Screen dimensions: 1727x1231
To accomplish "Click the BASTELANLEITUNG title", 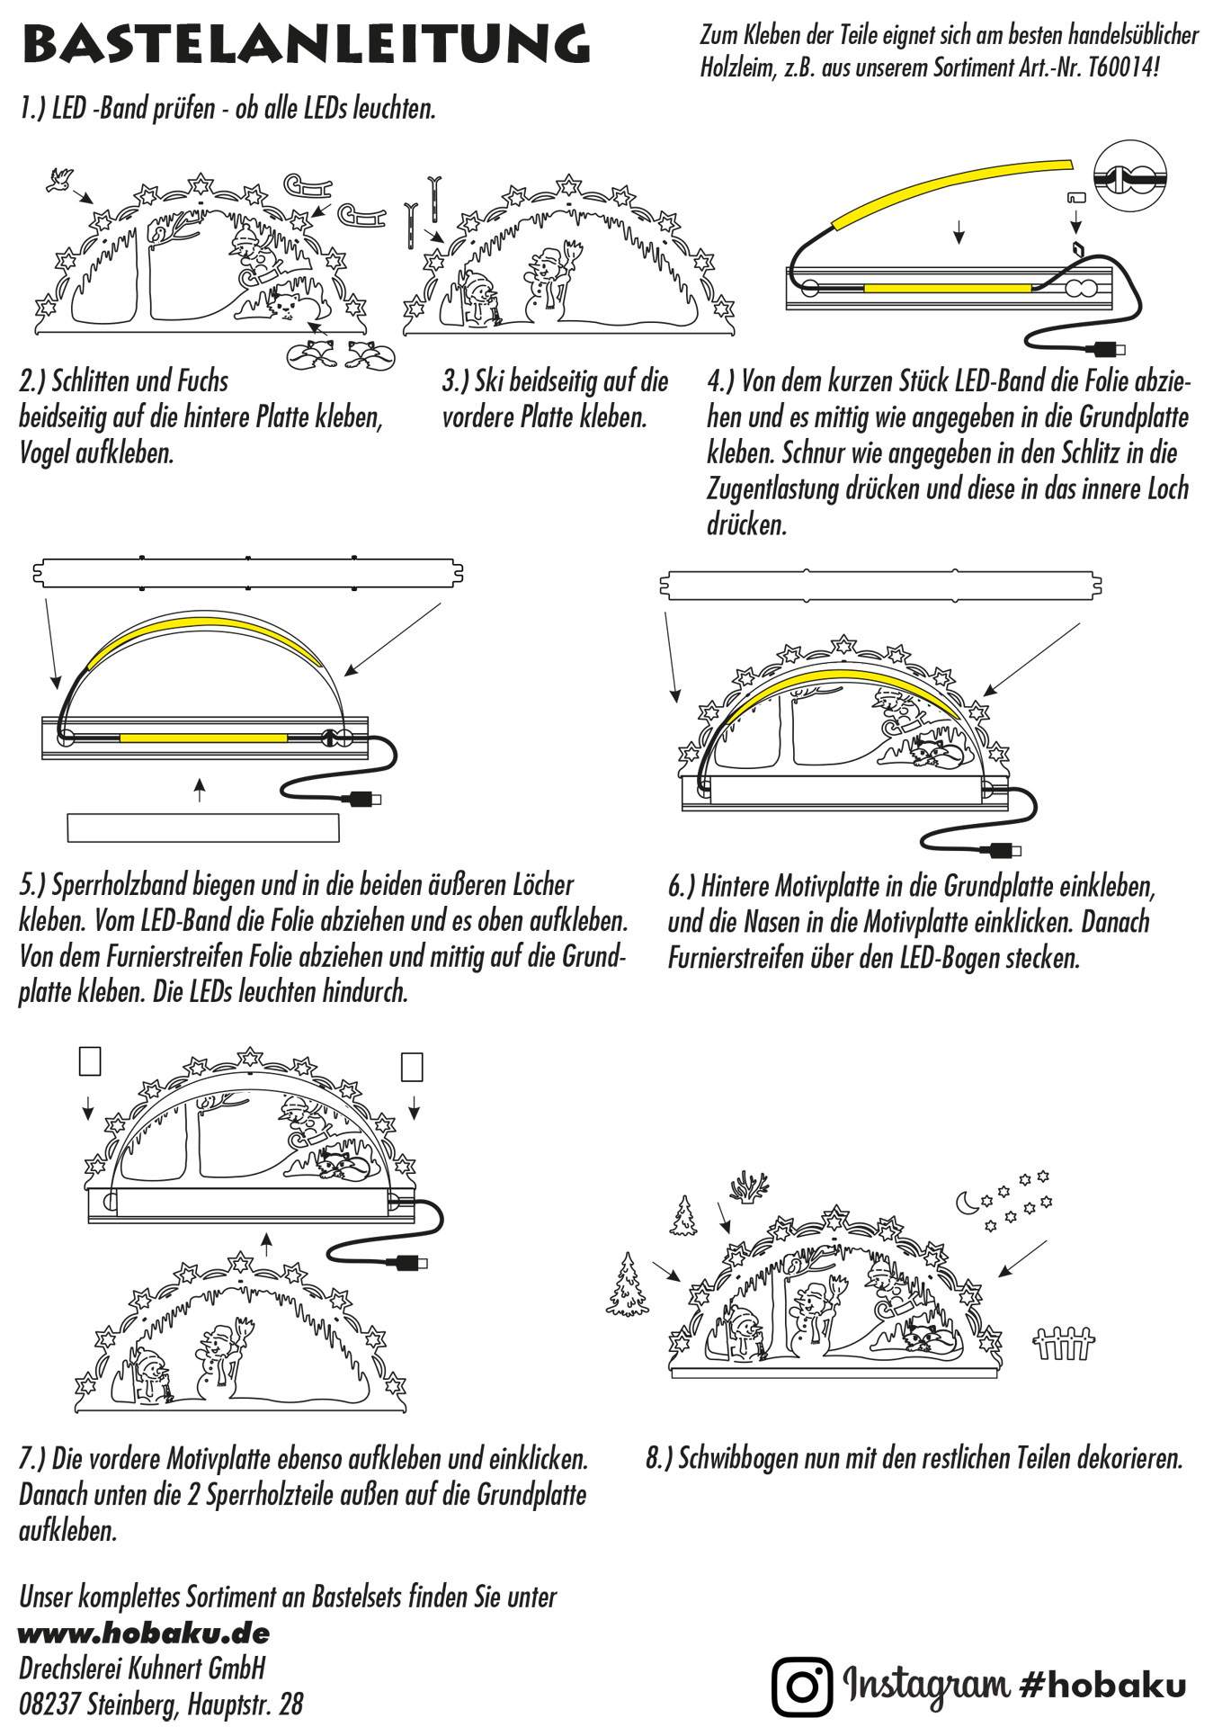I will click(x=306, y=43).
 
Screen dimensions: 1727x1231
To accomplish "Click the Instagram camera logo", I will click(x=801, y=1686).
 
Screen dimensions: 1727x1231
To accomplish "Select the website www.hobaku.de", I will click(x=144, y=1633).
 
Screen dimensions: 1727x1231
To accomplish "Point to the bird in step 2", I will click(x=60, y=179).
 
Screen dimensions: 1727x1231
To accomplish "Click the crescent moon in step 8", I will click(x=967, y=1202).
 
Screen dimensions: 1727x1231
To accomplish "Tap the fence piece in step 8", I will click(x=1064, y=1344).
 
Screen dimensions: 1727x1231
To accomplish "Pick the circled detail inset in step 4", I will click(x=1129, y=175).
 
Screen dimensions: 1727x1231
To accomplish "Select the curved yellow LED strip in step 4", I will click(x=951, y=192).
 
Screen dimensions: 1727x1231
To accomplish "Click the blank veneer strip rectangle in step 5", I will click(x=203, y=828).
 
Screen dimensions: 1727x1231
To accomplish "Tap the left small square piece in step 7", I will click(x=90, y=1061).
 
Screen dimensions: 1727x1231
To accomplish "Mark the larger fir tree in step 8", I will click(x=627, y=1285).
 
